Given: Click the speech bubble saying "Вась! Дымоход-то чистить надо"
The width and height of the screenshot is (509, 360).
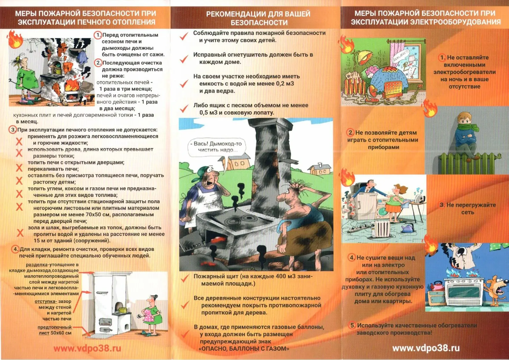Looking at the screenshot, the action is pyautogui.click(x=216, y=147).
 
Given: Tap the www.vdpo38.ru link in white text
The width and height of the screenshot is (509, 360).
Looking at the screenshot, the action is pyautogui.click(x=426, y=348).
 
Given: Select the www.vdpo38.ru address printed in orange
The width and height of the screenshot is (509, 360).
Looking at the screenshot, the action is pyautogui.click(x=87, y=348).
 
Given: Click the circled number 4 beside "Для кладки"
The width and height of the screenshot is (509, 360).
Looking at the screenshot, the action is pyautogui.click(x=15, y=249).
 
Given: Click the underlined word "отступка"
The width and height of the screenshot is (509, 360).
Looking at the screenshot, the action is pyautogui.click(x=46, y=301).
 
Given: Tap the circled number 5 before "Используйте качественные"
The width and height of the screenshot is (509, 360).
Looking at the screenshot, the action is pyautogui.click(x=352, y=325).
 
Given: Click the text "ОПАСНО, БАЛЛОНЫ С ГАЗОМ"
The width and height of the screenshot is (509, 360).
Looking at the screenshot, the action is pyautogui.click(x=244, y=349).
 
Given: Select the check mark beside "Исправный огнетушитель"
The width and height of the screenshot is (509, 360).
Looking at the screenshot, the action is pyautogui.click(x=184, y=59).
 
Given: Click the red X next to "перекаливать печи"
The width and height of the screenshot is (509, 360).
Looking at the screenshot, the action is pyautogui.click(x=19, y=168).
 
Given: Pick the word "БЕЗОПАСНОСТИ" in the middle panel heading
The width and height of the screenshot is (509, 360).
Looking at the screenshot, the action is pyautogui.click(x=259, y=22).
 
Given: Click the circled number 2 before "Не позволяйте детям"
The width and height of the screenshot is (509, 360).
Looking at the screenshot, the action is pyautogui.click(x=351, y=132).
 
